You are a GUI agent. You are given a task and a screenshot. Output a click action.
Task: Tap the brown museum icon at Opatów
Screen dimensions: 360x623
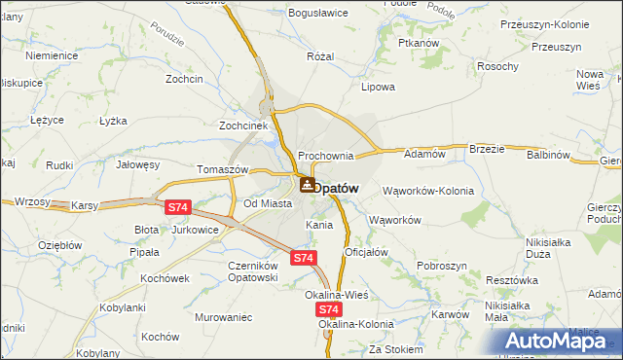click(307, 184)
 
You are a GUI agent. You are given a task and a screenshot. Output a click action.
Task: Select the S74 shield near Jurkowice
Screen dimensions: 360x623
click(176, 207)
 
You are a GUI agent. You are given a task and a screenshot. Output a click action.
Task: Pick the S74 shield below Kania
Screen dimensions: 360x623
click(304, 257)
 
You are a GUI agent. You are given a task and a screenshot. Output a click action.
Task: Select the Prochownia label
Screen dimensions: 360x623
click(325, 156)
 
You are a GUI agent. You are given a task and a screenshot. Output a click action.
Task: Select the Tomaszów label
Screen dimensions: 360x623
click(224, 168)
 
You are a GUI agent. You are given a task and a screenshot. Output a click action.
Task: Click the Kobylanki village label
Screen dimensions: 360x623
click(123, 308)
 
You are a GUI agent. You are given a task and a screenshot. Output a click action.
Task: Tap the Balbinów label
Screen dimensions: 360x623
click(548, 155)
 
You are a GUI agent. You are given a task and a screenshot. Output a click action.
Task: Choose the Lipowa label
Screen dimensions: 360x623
click(378, 87)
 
